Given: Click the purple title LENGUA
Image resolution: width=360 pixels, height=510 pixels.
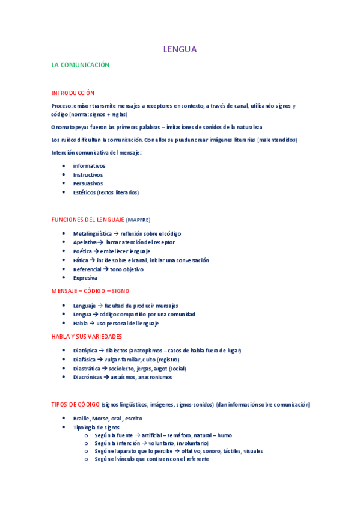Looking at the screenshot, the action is [x=180, y=49].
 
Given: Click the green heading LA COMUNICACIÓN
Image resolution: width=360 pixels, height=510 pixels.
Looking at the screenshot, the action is [x=81, y=64].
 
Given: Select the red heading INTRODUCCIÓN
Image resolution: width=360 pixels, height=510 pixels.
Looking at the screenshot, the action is [x=73, y=93].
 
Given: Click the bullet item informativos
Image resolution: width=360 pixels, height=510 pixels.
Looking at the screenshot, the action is [x=89, y=165].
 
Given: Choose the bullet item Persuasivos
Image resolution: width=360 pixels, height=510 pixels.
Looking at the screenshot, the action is [x=88, y=183].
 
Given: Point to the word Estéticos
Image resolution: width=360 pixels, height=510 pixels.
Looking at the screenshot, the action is [x=85, y=192].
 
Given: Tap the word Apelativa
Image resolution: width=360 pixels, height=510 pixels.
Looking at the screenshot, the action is [x=85, y=242].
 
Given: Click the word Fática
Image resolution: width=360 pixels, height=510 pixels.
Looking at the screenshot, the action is [x=81, y=260].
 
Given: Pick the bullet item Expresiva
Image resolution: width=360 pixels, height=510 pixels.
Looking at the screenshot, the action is [x=85, y=278].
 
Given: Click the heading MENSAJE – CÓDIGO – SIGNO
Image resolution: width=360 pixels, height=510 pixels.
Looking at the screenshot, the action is [x=90, y=291].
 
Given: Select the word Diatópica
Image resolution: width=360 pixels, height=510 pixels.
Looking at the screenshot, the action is [x=85, y=350].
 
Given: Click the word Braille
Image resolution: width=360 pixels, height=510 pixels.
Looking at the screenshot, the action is [x=82, y=418].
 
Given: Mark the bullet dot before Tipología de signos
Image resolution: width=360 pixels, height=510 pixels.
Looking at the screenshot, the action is [x=64, y=427].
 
